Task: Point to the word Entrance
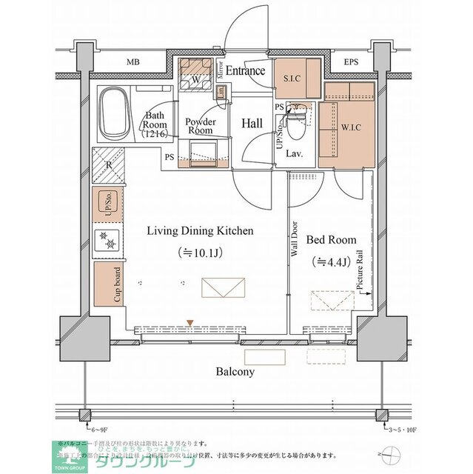pos(245,71)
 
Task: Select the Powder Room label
pos(199,125)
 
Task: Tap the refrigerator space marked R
pos(108,164)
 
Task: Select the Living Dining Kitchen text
pos(200,231)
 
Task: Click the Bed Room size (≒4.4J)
pos(331,261)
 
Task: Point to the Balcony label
pos(235,372)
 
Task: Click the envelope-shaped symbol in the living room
pos(223,287)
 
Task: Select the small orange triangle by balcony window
pos(190,322)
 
